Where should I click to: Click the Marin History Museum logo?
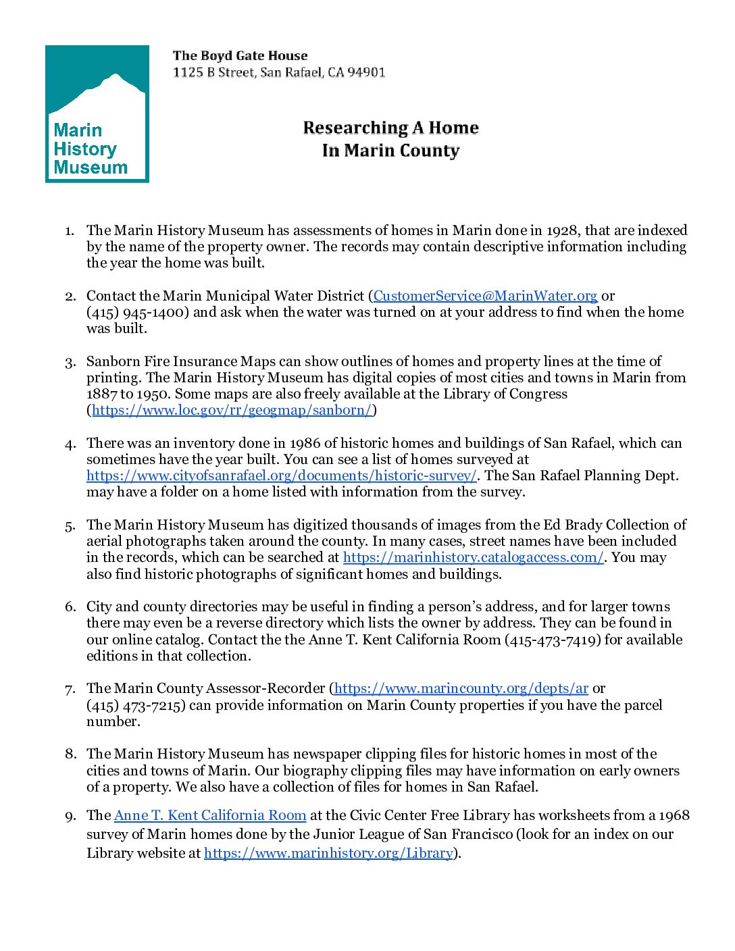pyautogui.click(x=97, y=113)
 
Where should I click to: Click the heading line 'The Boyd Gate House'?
pyautogui.click(x=240, y=56)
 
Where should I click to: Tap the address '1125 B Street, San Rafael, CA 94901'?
pyautogui.click(x=279, y=72)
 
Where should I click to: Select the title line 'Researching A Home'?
pyautogui.click(x=390, y=128)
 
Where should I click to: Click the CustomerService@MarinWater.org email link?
pyautogui.click(x=485, y=296)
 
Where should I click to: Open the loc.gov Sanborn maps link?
pyautogui.click(x=232, y=410)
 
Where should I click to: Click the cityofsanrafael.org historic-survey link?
pyautogui.click(x=282, y=475)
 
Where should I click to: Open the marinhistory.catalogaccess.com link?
pyautogui.click(x=473, y=557)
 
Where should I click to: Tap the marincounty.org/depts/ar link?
pyautogui.click(x=461, y=688)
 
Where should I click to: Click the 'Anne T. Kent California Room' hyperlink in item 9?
pyautogui.click(x=210, y=815)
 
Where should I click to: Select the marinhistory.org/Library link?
pyautogui.click(x=328, y=853)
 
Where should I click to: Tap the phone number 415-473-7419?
pyautogui.click(x=553, y=640)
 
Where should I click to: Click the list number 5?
pyautogui.click(x=70, y=525)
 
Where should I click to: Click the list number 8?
pyautogui.click(x=70, y=754)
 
